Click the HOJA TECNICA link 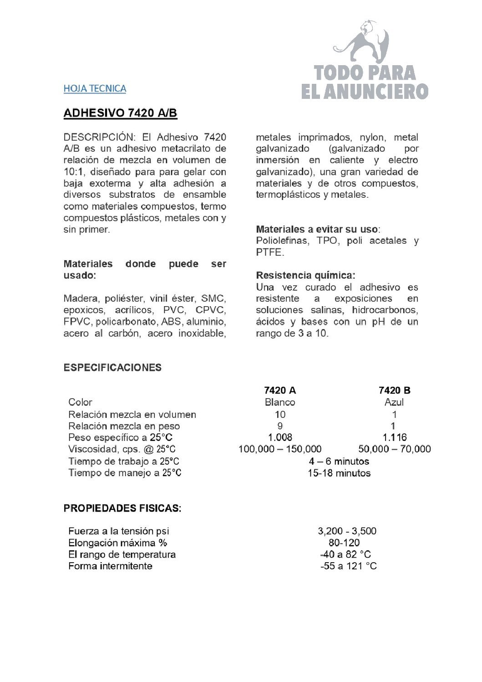pos(95,88)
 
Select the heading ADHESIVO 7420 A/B pos(120,113)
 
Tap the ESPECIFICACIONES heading pos(112,368)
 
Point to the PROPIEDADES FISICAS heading pos(122,508)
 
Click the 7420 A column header pos(280,390)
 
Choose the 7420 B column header pos(394,390)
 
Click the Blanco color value pos(280,402)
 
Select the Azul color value pos(394,402)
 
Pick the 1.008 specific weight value pos(280,437)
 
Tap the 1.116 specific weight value pos(394,437)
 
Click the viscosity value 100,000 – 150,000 pos(280,449)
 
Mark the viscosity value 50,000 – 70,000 pos(394,449)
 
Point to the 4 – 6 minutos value pos(339,461)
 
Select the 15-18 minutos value pos(339,473)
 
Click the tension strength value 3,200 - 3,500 pos(347,531)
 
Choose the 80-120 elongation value pos(344,543)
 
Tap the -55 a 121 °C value pos(349,566)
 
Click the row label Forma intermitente pos(110,566)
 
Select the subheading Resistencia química pos(305,275)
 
